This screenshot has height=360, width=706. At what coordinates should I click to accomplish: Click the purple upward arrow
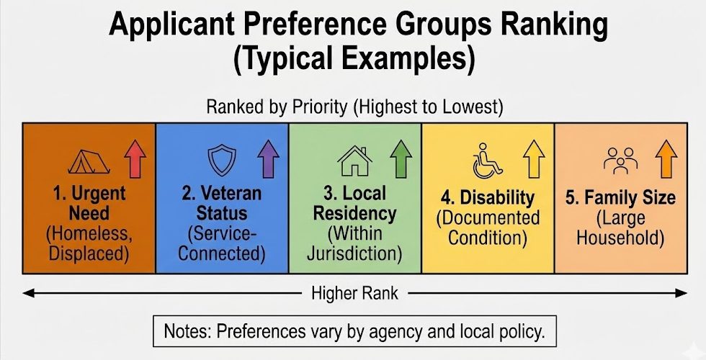coord(268,159)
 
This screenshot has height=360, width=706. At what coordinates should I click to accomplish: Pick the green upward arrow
coord(401,159)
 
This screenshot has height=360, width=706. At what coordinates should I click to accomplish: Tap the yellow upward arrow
coord(534,160)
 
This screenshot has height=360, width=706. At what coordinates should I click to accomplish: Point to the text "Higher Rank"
coord(353,293)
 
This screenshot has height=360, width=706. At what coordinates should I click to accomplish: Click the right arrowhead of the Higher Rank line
coord(682,293)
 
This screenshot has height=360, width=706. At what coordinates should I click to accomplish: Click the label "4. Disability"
coord(488,197)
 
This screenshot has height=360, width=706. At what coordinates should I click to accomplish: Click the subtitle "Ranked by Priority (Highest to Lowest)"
coord(354,107)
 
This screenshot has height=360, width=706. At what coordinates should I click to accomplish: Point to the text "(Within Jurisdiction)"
coord(353,244)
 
